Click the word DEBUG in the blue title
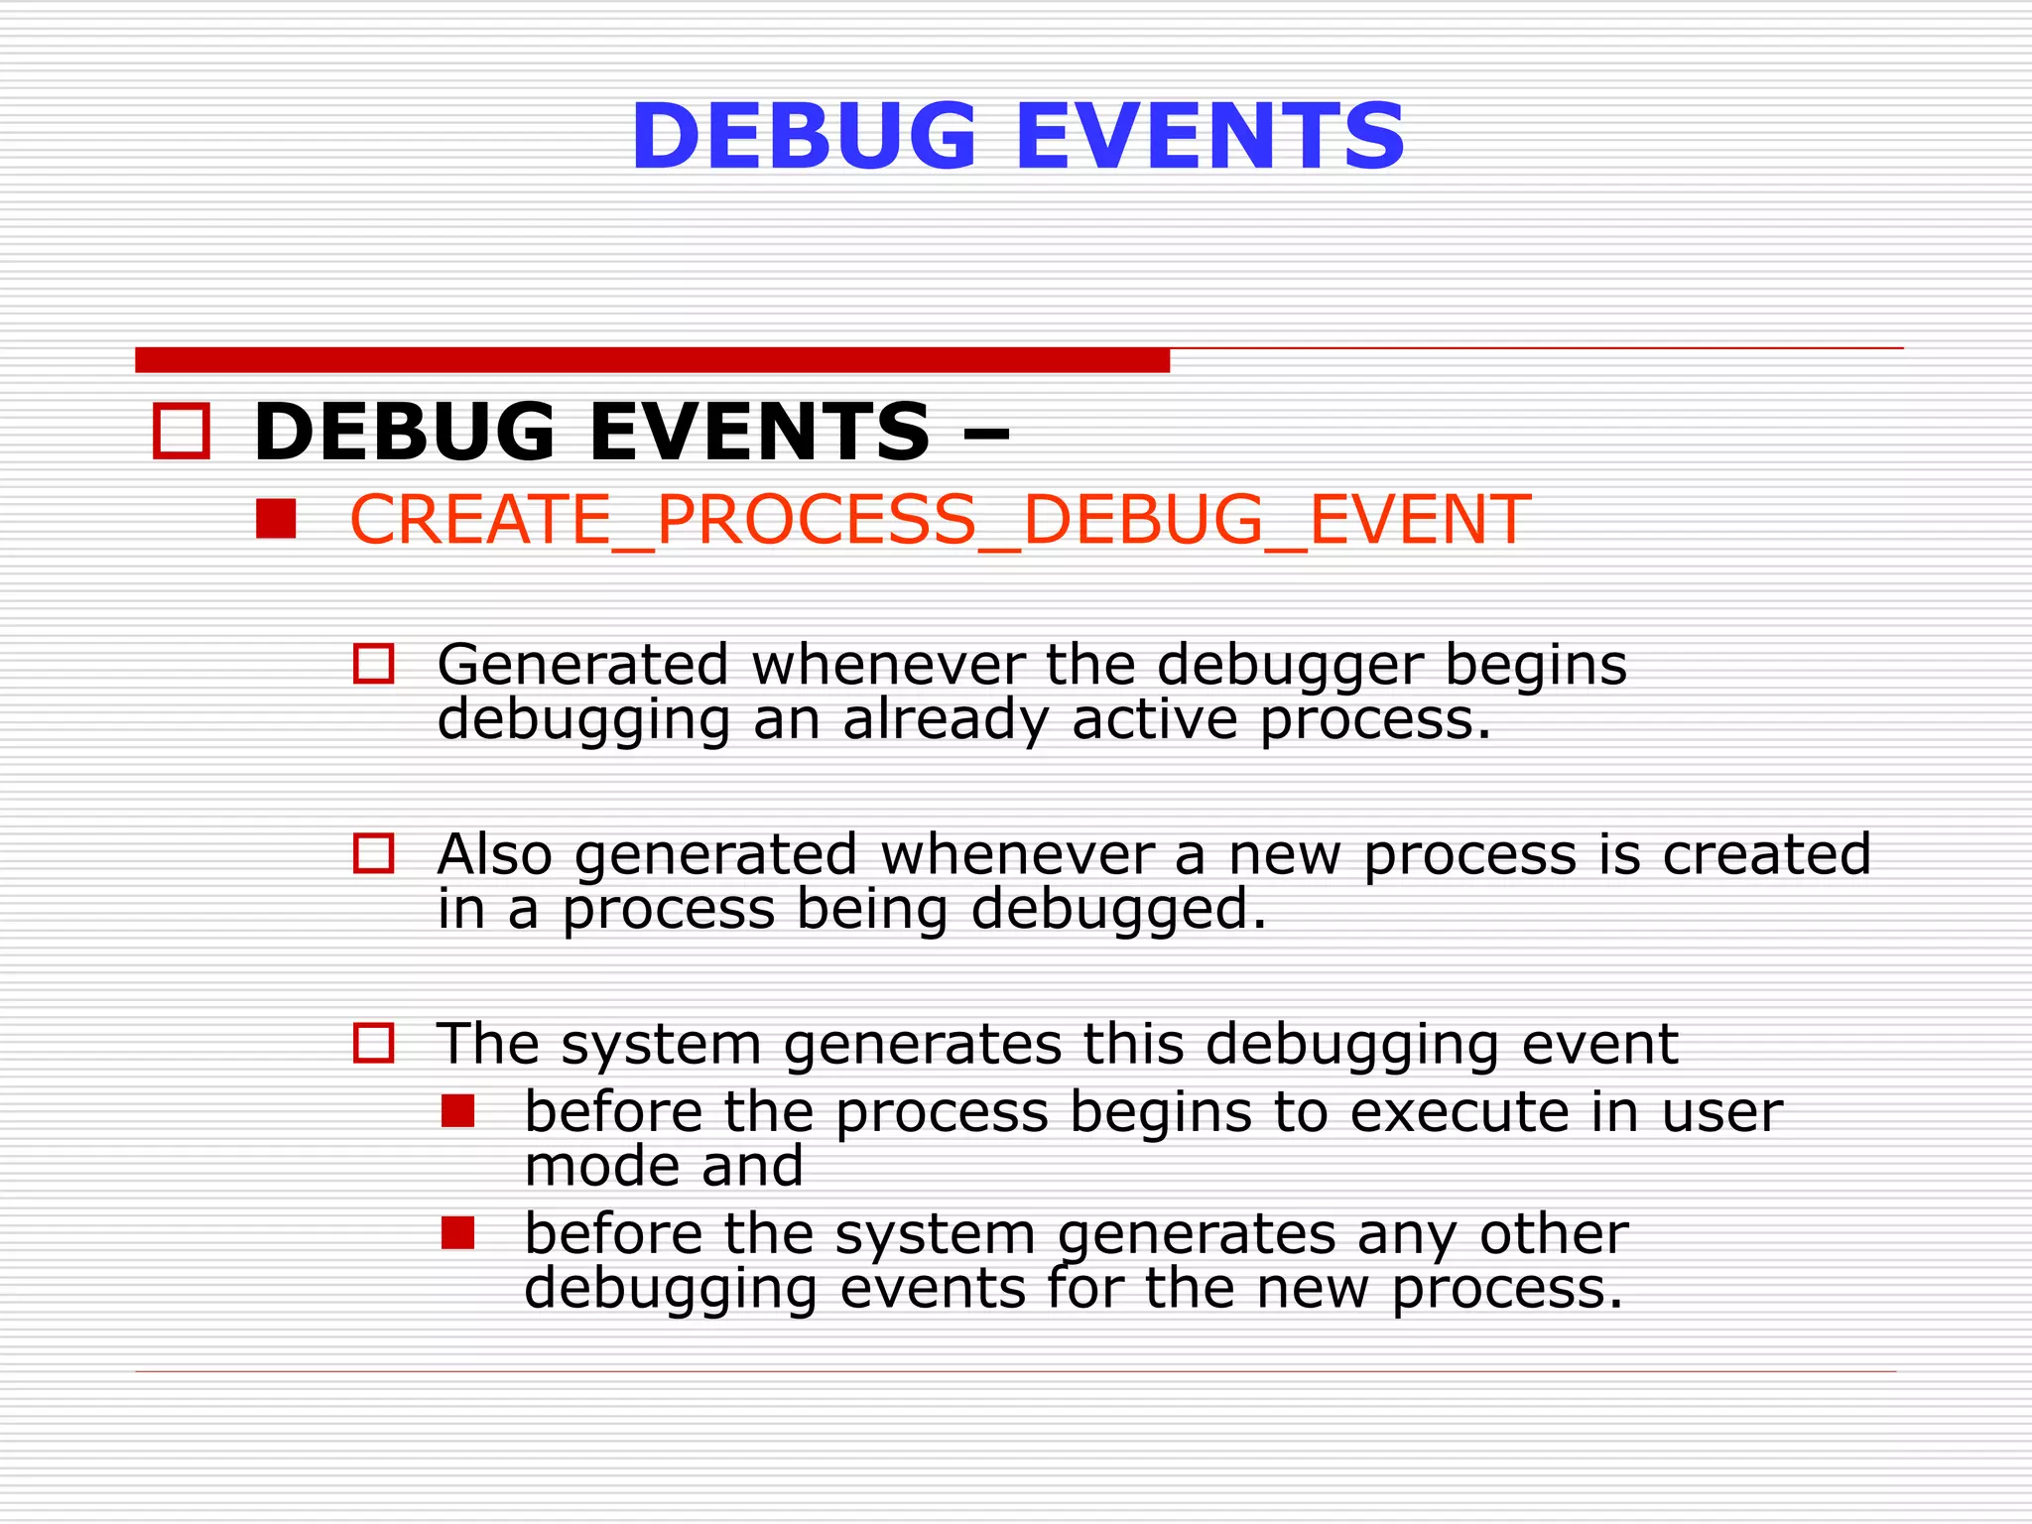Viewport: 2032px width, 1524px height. click(804, 137)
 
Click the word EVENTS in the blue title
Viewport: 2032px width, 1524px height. click(1210, 137)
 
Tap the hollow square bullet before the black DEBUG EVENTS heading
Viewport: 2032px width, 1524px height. click(182, 431)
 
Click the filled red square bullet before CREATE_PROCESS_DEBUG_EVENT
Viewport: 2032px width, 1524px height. click(276, 518)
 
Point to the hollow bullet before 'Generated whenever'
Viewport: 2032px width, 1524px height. click(374, 664)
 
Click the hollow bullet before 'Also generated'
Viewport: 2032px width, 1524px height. click(374, 853)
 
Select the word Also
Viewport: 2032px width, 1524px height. click(494, 854)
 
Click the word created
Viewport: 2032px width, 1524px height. click(1766, 854)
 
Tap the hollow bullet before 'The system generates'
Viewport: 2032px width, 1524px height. click(374, 1044)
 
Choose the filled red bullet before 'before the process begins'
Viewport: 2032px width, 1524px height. click(458, 1111)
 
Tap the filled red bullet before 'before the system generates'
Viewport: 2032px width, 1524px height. click(458, 1233)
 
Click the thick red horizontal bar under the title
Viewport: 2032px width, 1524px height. click(652, 360)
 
